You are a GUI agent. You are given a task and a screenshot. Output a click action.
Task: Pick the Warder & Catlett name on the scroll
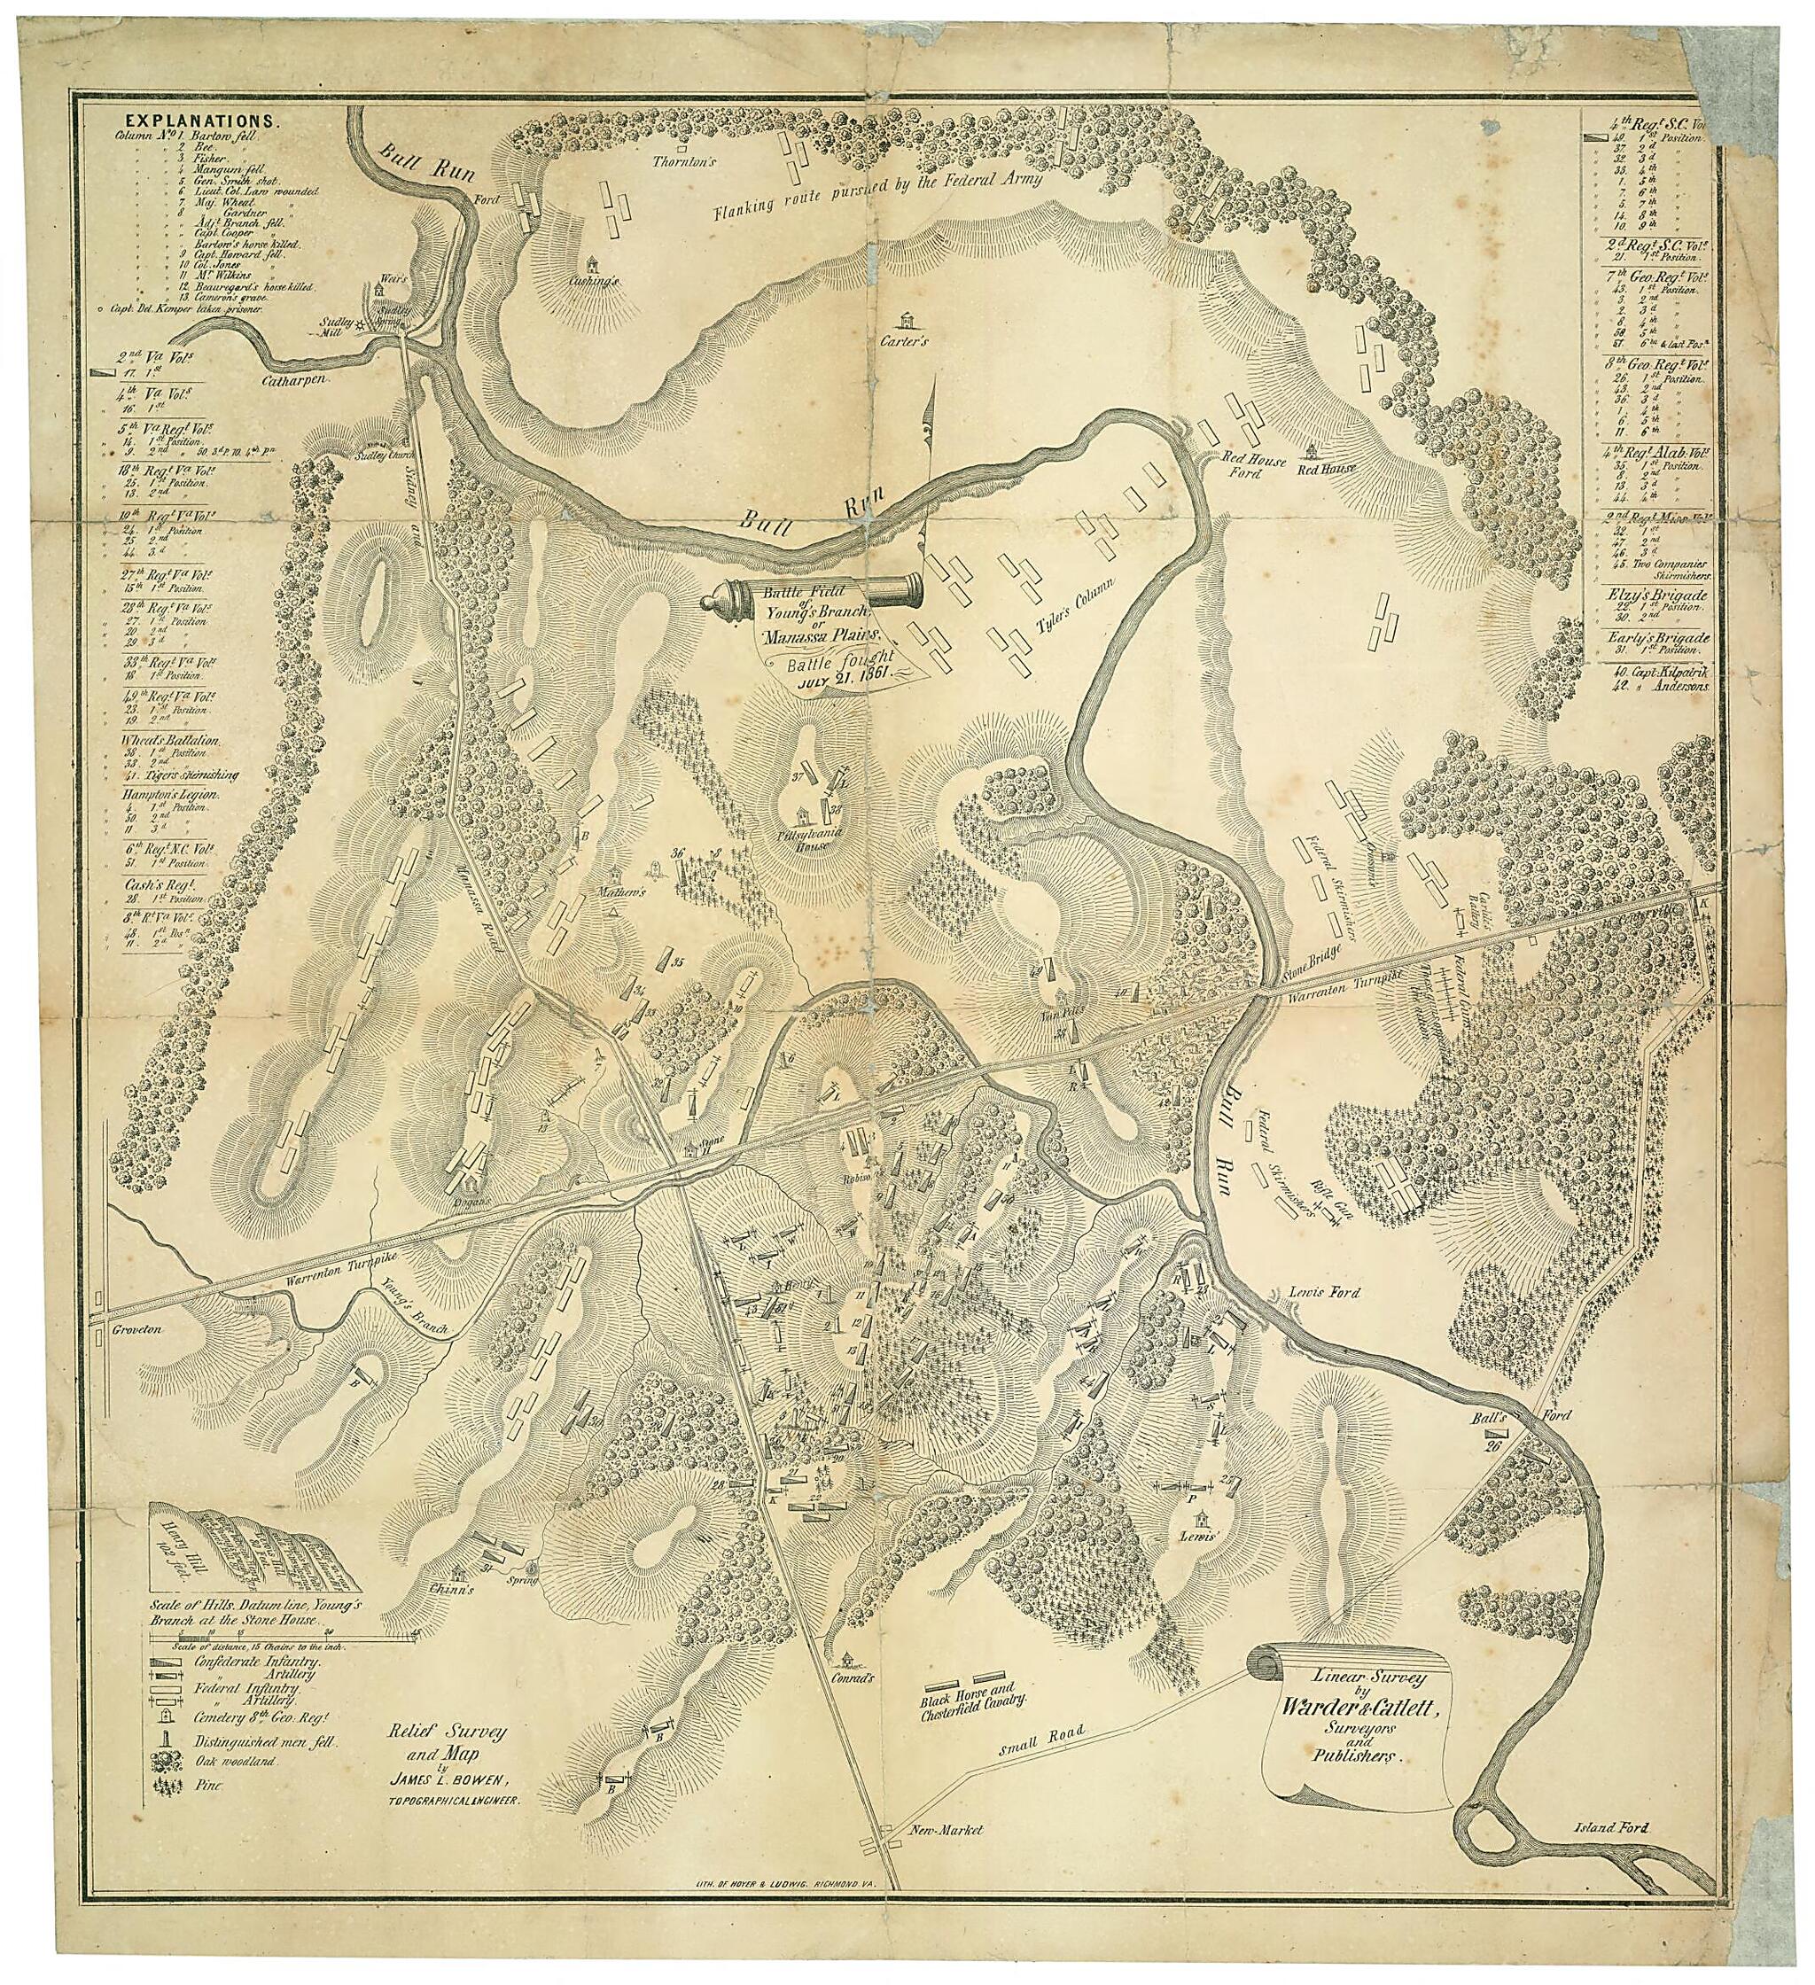(1360, 1710)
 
